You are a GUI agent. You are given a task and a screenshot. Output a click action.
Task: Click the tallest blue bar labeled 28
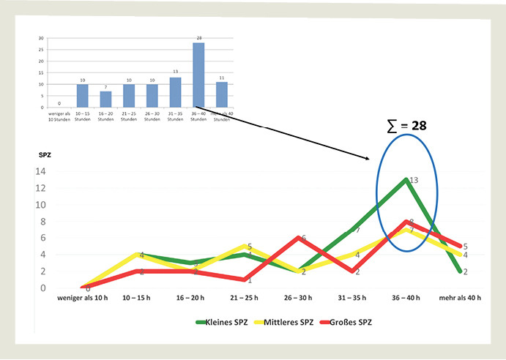(x=199, y=75)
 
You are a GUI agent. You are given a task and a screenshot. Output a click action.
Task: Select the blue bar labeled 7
(x=106, y=99)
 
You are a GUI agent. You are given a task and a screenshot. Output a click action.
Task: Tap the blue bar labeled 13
(x=176, y=92)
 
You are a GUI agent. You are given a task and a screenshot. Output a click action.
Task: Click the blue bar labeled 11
(x=222, y=94)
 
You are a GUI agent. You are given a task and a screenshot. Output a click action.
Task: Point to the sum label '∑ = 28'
(x=406, y=126)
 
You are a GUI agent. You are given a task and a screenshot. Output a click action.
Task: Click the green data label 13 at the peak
(x=414, y=179)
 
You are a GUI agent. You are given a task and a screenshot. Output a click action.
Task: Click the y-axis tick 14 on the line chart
(x=41, y=171)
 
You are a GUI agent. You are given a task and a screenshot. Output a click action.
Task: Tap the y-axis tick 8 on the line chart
(x=43, y=222)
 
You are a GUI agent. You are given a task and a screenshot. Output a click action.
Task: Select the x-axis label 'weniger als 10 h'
(x=84, y=299)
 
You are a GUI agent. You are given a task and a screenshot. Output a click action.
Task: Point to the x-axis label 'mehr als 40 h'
(x=460, y=299)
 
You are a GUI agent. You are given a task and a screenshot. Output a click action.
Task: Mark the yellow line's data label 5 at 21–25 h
(x=250, y=247)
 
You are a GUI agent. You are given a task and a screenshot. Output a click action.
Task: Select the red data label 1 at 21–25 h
(x=250, y=280)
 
